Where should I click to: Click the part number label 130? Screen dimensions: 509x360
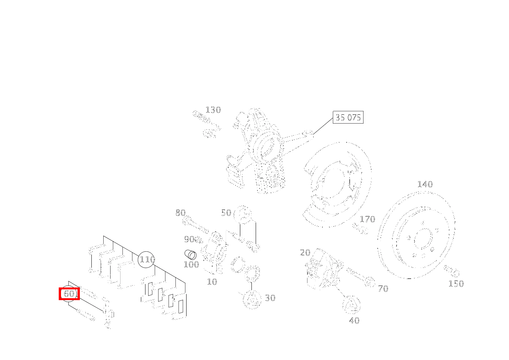[x=213, y=110]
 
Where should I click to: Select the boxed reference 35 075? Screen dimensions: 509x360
[x=348, y=117]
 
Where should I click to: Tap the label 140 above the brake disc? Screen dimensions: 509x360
[x=425, y=184]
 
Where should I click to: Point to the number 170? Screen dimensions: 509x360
[x=367, y=219]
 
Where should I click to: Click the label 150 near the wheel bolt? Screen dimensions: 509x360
[x=456, y=284]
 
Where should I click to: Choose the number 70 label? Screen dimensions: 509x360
[x=383, y=289]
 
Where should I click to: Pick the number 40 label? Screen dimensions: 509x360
[x=354, y=321]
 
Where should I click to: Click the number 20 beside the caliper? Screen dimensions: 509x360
[x=305, y=253]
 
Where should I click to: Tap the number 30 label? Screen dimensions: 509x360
[x=270, y=298]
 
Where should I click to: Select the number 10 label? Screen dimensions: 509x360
[x=212, y=282]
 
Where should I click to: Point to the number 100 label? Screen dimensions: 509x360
[x=191, y=264]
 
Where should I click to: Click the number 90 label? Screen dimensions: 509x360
[x=189, y=239]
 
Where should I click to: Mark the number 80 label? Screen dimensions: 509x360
[x=180, y=213]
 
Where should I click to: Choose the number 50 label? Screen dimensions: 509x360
[x=226, y=213]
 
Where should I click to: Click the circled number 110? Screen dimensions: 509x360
[x=146, y=259]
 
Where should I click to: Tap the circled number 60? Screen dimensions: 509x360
[x=68, y=294]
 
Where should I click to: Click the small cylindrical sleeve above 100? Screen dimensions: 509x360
[x=190, y=254]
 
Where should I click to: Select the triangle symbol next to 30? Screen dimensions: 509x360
[x=252, y=299]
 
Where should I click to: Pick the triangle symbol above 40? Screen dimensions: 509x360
[x=352, y=305]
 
